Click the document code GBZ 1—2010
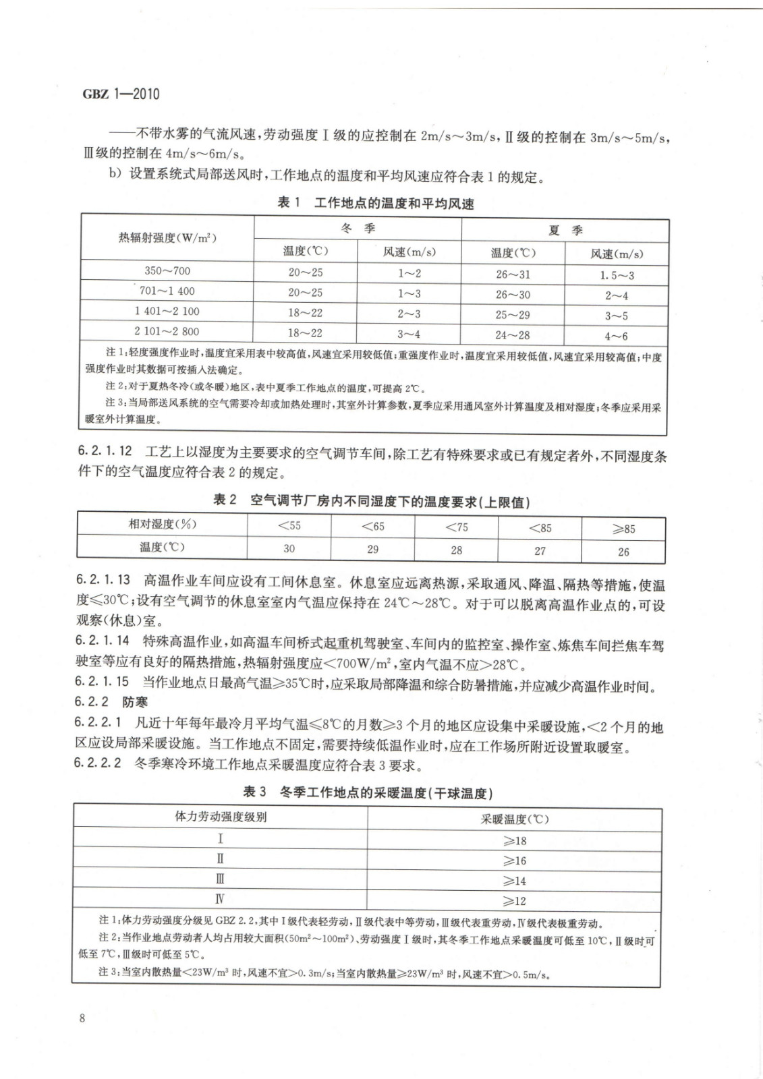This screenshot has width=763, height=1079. (x=121, y=94)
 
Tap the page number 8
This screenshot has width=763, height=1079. (x=82, y=1018)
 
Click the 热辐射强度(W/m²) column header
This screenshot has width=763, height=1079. (x=167, y=238)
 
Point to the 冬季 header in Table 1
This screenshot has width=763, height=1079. (x=358, y=229)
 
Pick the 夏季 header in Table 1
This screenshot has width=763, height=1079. (x=565, y=231)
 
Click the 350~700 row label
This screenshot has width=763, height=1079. (x=167, y=270)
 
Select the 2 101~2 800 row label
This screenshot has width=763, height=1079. (x=167, y=331)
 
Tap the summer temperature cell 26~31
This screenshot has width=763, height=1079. (x=513, y=274)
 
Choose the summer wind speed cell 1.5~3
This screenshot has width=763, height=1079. (x=617, y=275)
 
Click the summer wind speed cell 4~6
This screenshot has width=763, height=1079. (x=616, y=336)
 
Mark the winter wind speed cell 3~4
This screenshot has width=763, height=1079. (x=409, y=333)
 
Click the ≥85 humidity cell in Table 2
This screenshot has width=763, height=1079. (x=623, y=529)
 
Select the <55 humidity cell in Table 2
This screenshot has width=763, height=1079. (x=289, y=526)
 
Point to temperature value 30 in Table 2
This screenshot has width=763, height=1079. (x=289, y=548)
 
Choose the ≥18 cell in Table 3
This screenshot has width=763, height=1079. (x=515, y=841)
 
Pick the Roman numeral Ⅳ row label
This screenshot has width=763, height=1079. (x=220, y=899)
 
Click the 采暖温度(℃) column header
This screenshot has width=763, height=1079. (x=515, y=819)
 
